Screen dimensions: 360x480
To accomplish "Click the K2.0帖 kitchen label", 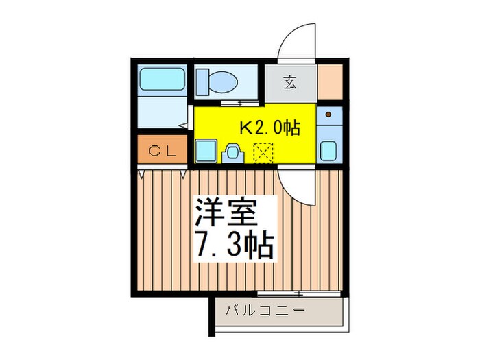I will [x=268, y=128].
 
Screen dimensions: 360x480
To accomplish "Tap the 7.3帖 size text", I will [x=235, y=245].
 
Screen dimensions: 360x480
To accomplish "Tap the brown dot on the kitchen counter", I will [x=329, y=114].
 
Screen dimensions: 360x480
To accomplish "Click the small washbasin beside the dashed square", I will [x=233, y=152].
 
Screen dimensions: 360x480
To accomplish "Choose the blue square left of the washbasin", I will [x=206, y=149].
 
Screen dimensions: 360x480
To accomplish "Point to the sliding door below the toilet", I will [x=233, y=103].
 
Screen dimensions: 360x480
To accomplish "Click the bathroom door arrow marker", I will [x=182, y=125].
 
